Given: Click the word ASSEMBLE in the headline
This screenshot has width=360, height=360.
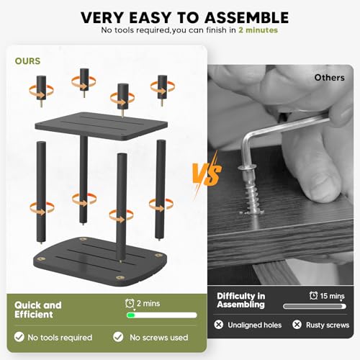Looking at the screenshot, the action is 247,17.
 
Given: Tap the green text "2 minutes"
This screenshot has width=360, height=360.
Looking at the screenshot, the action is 258,30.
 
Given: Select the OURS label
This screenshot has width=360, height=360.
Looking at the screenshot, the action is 27,61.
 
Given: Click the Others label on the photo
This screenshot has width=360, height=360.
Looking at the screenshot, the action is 329,78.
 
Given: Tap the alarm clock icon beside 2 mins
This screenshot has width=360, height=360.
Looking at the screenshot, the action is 130,303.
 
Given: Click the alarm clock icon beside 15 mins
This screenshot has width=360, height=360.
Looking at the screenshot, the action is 313,295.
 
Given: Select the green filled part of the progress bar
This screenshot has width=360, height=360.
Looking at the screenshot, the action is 131,315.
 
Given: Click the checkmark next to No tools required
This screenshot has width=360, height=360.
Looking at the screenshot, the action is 19,337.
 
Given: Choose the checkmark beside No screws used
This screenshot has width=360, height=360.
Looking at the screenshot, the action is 118,337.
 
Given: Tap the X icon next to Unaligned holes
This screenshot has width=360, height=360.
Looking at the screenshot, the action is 219,325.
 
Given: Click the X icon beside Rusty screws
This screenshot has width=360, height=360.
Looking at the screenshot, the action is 297,325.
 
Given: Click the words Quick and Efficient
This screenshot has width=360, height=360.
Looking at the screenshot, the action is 38,310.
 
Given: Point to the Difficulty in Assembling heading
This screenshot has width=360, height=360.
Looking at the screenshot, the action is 241,300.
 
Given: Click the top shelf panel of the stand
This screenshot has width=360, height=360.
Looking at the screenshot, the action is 102,125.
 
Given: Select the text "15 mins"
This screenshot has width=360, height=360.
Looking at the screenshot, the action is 332,296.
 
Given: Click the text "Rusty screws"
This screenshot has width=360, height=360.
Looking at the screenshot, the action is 328,325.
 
